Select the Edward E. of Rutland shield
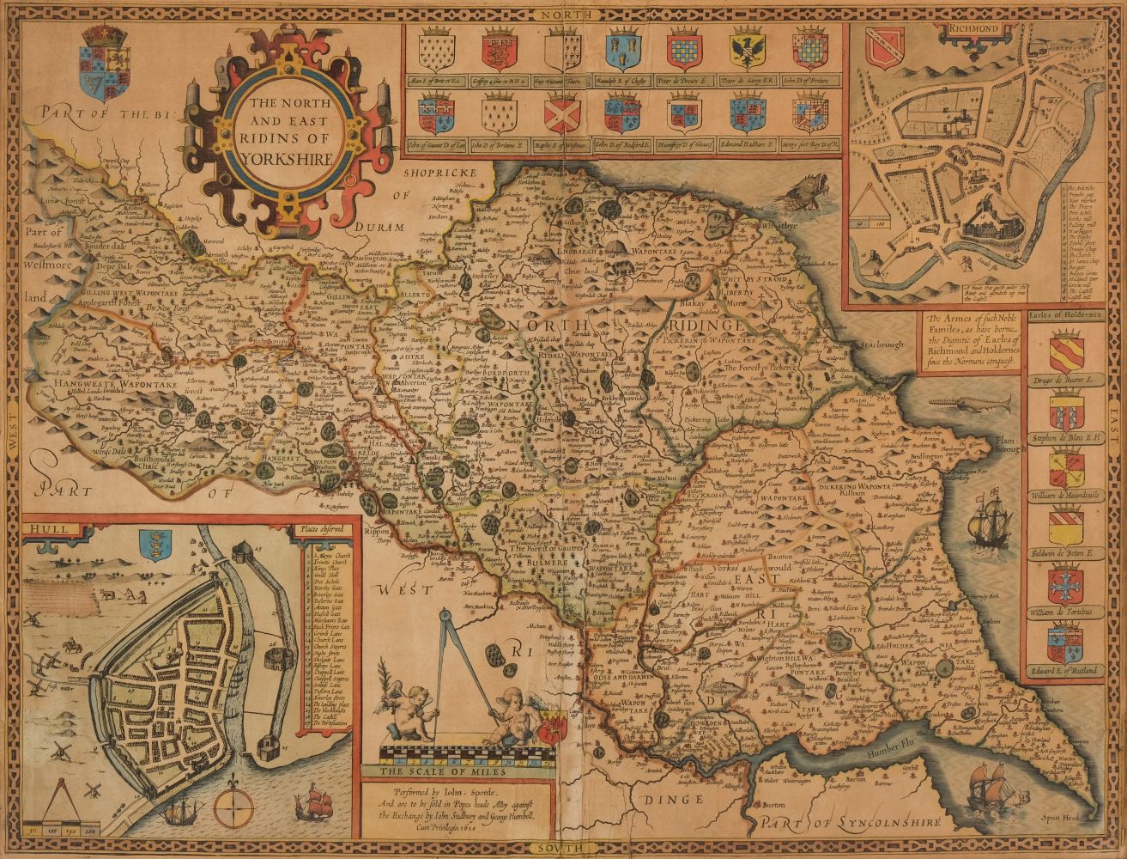(x=1064, y=645)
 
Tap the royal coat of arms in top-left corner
(x=103, y=60)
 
